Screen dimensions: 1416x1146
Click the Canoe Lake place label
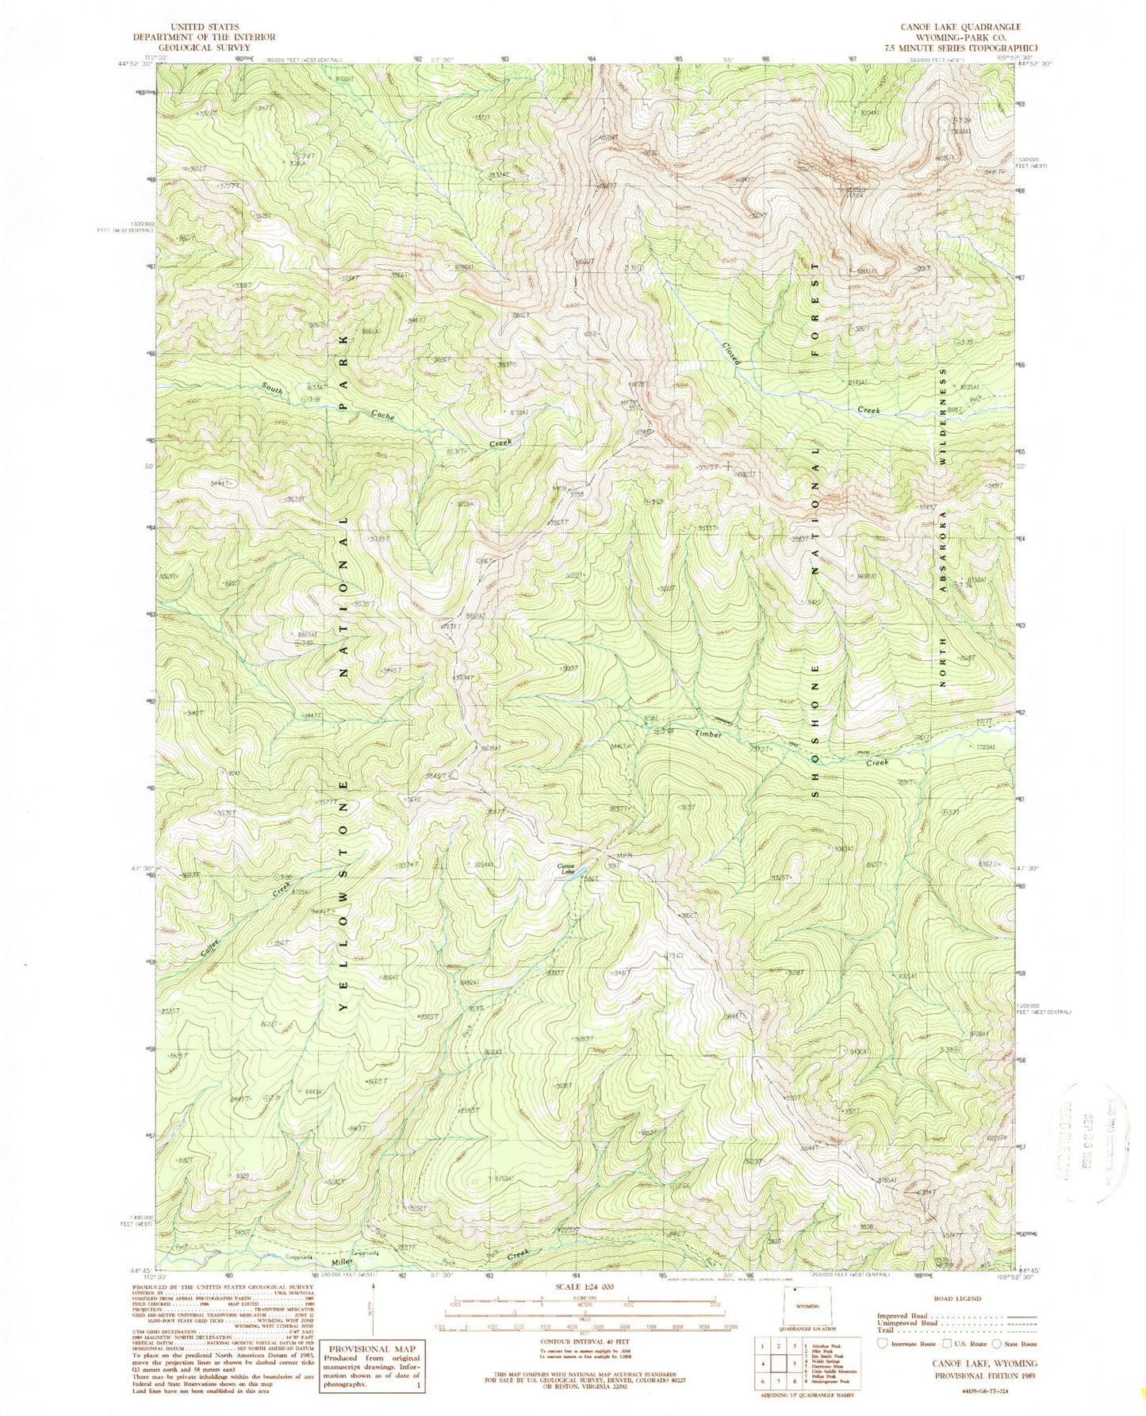tap(565, 868)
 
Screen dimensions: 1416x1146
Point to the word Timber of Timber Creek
tap(708, 735)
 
